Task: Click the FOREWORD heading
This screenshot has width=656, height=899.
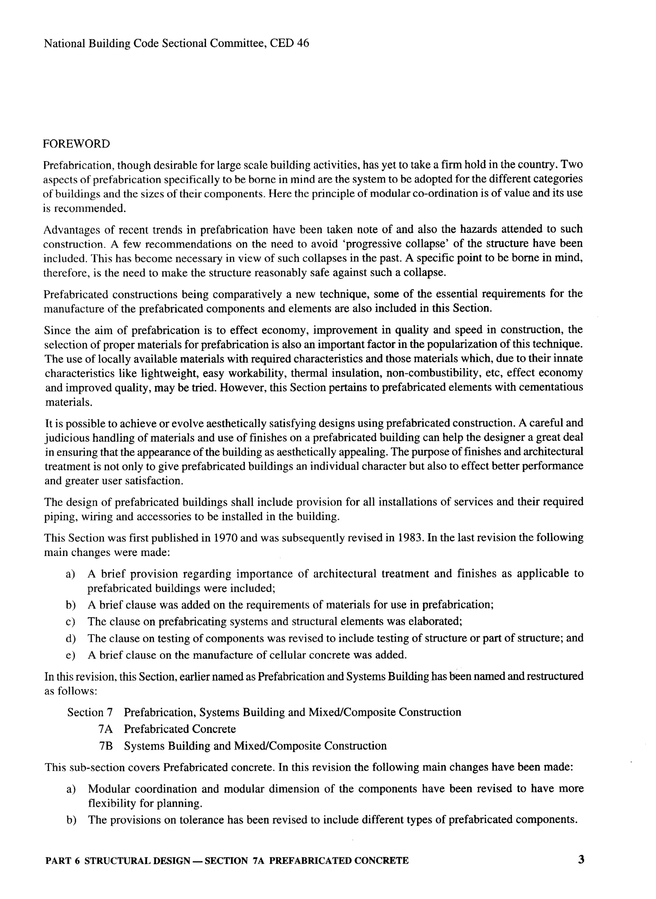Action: point(76,144)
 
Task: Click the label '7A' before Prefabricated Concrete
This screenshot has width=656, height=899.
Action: point(105,729)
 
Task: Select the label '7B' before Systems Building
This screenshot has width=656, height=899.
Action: point(106,746)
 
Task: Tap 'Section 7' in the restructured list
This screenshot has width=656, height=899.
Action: point(90,712)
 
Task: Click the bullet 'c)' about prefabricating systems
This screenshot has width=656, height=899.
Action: point(70,621)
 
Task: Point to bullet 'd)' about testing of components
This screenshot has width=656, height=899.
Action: point(70,638)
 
